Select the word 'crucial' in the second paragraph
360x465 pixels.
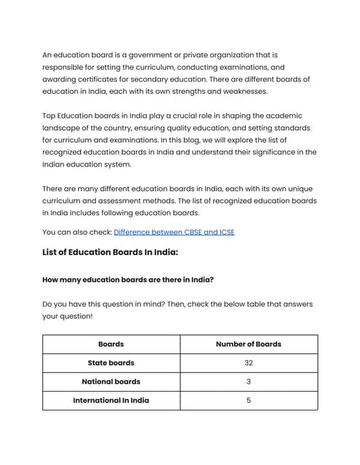(x=193, y=116)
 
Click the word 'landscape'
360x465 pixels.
(x=63, y=129)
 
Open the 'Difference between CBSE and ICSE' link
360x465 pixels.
(x=174, y=232)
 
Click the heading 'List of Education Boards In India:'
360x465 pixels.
(x=110, y=253)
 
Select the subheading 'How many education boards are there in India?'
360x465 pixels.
(x=127, y=280)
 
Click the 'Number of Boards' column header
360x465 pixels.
(x=248, y=344)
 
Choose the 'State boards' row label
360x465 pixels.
(x=111, y=363)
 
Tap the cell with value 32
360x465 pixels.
(x=248, y=363)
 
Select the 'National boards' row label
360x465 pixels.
(x=111, y=381)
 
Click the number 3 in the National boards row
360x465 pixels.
(x=248, y=381)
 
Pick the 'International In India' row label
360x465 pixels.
(x=111, y=400)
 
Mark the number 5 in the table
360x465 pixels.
(x=248, y=400)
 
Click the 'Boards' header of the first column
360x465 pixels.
(x=111, y=344)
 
